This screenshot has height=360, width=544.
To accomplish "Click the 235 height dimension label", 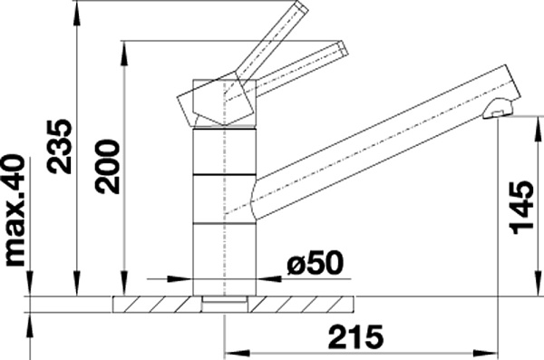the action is click(x=60, y=146).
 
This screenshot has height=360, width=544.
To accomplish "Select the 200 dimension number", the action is click(x=108, y=166).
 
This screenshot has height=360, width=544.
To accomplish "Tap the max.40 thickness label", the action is click(x=15, y=211).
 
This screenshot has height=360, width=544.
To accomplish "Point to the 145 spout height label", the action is click(x=521, y=208).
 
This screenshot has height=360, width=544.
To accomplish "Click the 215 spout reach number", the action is click(x=356, y=336).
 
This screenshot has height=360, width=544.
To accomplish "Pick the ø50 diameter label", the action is click(x=315, y=262).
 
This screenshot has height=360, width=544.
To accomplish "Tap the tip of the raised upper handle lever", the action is click(x=301, y=7).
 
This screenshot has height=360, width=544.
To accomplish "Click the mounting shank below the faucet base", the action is click(x=225, y=304).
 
